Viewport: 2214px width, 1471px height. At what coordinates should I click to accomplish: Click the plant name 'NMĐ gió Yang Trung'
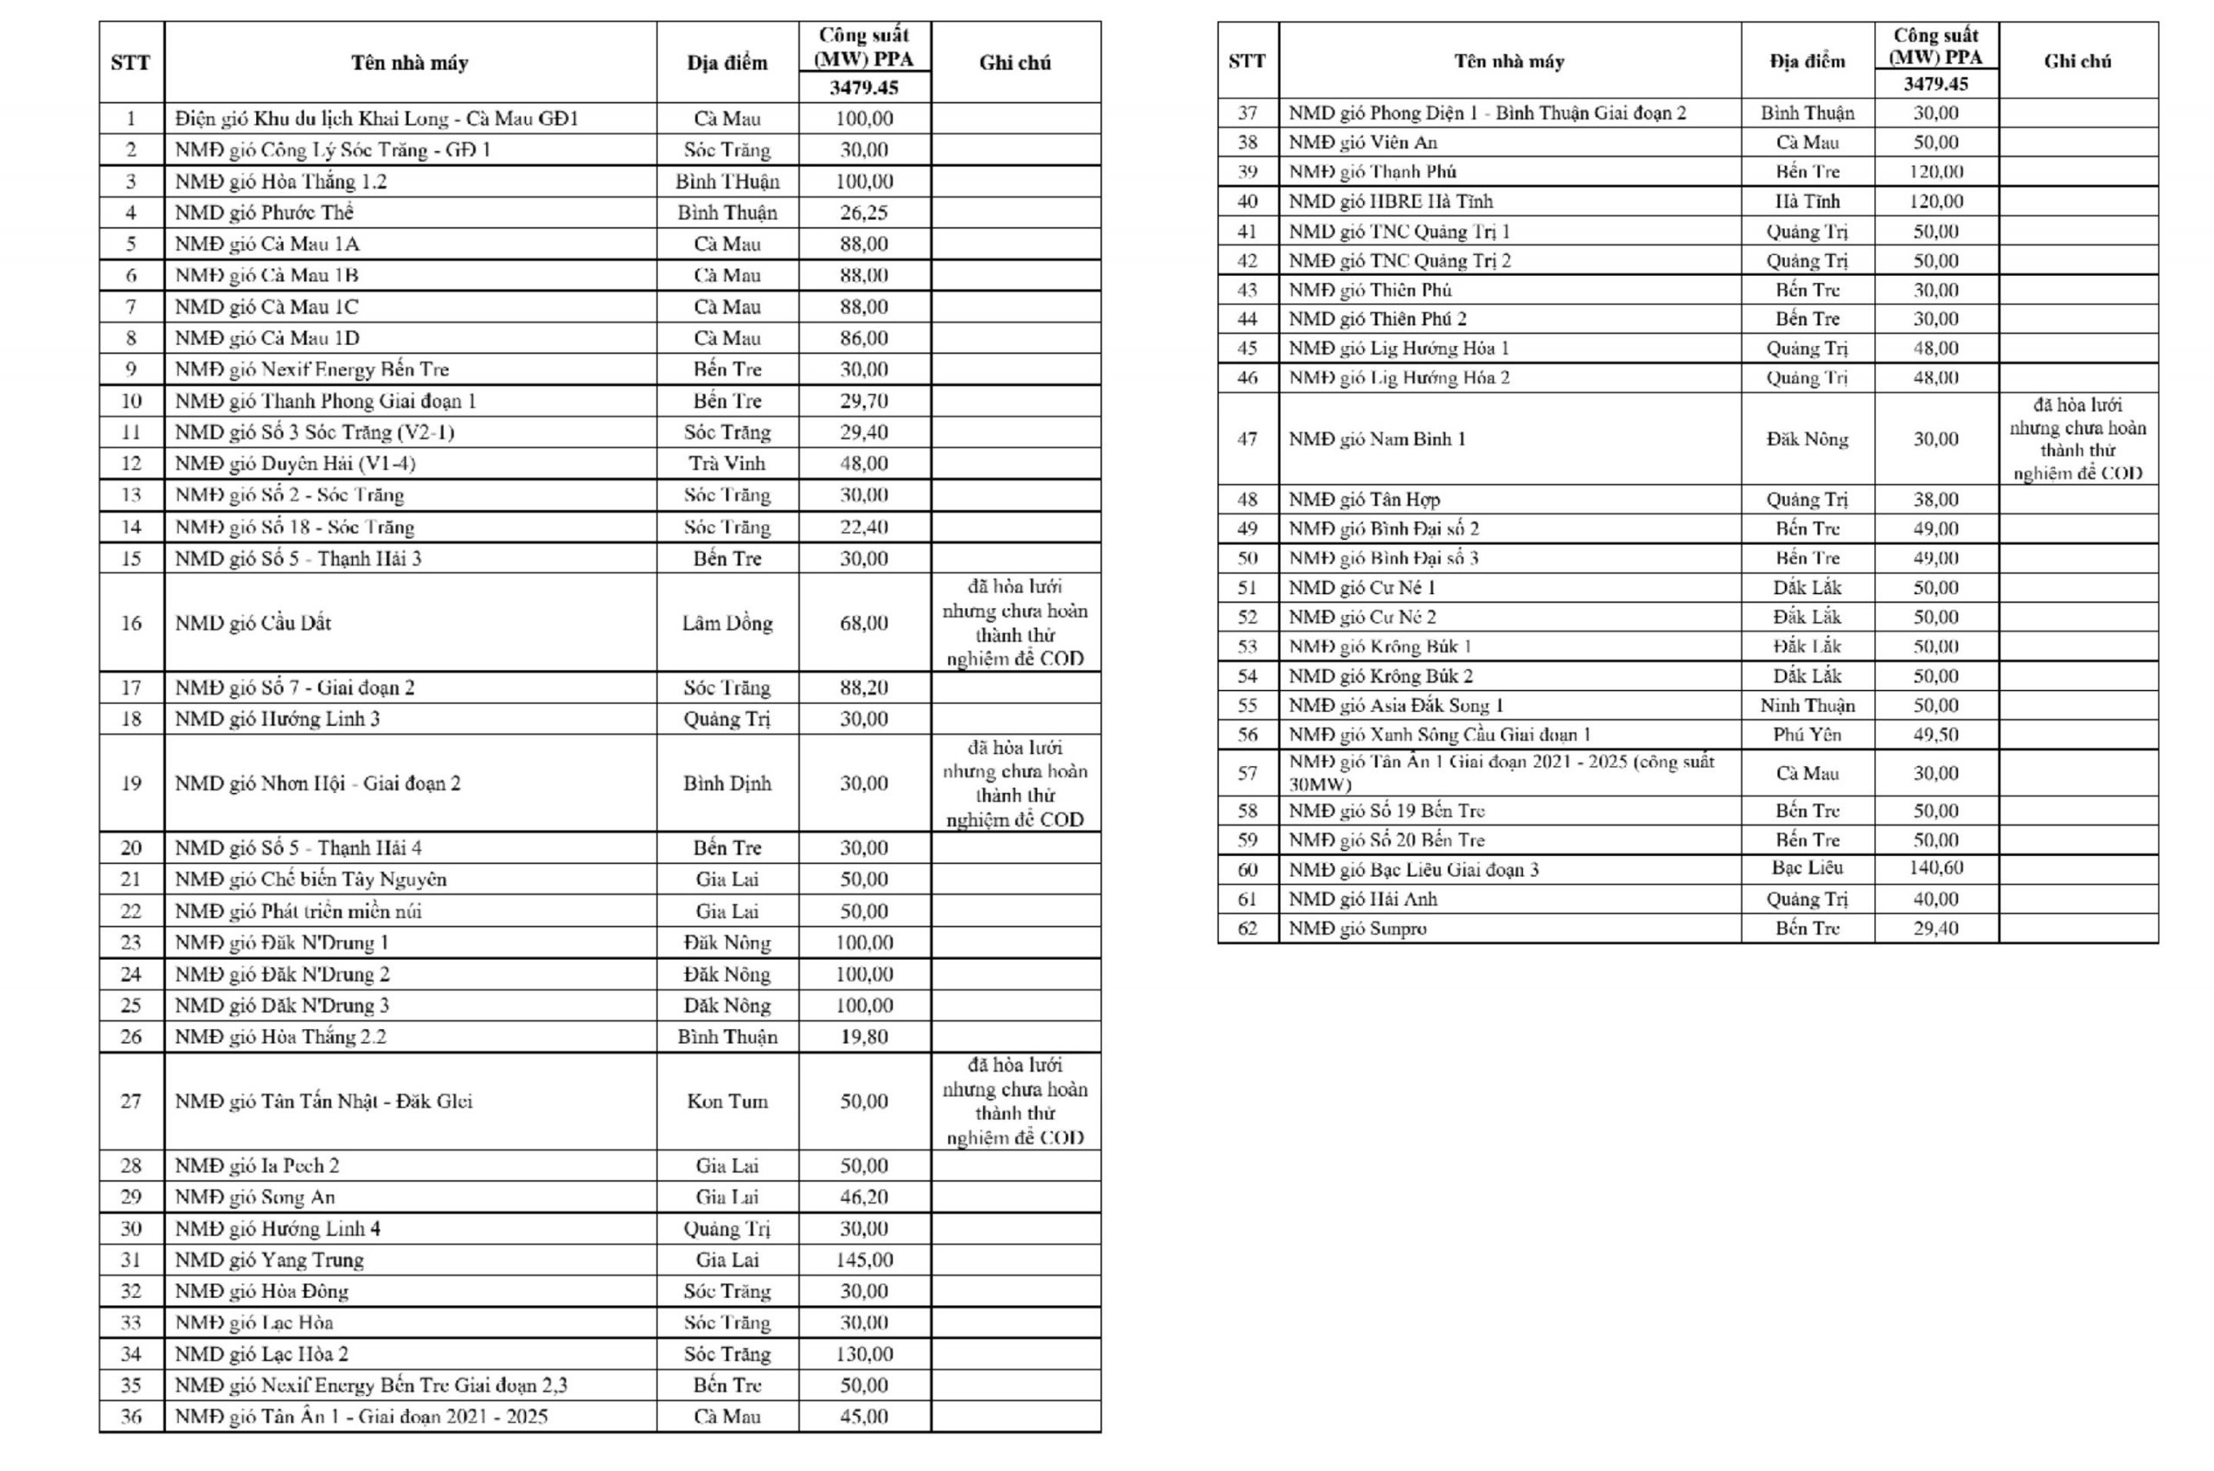tap(269, 1260)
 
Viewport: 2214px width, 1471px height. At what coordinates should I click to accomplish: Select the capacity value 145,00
tap(864, 1260)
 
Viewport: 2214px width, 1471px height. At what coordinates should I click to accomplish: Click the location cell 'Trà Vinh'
tap(727, 464)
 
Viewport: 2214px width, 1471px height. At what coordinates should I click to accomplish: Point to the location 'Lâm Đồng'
tap(727, 623)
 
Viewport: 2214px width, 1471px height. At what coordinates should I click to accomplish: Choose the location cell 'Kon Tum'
tap(727, 1102)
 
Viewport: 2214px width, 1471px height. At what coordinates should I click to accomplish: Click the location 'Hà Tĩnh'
tap(1807, 201)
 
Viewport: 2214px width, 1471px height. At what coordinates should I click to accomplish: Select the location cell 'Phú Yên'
tap(1807, 734)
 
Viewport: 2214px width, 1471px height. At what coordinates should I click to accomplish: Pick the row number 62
tap(1247, 929)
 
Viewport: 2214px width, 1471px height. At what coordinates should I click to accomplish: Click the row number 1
tap(131, 119)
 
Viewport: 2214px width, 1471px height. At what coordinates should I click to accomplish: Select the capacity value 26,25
tap(864, 213)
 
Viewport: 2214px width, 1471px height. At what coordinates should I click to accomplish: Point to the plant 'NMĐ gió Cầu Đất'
tap(253, 623)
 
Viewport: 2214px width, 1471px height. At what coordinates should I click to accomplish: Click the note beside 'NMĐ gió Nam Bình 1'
tap(2078, 439)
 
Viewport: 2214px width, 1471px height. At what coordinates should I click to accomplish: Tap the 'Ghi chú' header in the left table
tap(1015, 63)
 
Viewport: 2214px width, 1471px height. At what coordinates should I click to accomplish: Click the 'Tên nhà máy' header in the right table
tap(1508, 62)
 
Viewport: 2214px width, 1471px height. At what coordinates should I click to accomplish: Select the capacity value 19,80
tap(864, 1037)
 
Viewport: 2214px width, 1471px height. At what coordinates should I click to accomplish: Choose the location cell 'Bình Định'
tap(727, 783)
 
